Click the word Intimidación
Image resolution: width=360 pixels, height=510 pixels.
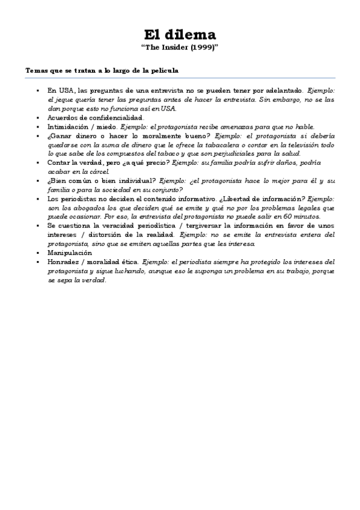(69, 127)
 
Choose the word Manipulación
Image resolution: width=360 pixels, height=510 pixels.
(70, 253)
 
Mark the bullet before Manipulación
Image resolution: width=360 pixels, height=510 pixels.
(37, 253)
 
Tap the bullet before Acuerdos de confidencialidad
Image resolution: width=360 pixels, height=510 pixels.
(37, 118)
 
